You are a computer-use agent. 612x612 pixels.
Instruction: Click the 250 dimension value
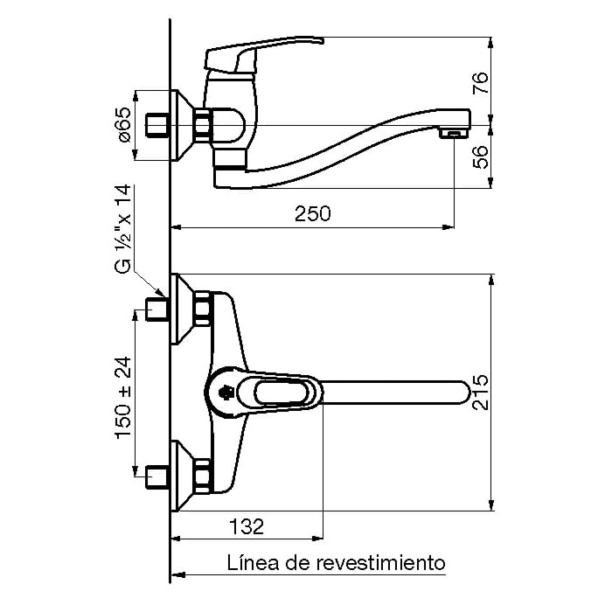coord(313,214)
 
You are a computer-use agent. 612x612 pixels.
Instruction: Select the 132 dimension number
coord(247,526)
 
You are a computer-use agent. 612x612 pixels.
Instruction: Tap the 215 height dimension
coord(480,393)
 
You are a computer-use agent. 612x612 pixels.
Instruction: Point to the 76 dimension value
coord(481,83)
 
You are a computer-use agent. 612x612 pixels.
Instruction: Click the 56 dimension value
coord(481,156)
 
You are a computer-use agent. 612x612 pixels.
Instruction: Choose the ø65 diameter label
coord(124,125)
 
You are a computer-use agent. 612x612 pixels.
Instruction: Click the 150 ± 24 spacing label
coord(123,397)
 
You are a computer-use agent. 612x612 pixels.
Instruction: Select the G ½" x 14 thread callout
coord(123,229)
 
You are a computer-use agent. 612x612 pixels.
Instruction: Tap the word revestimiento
coord(380,563)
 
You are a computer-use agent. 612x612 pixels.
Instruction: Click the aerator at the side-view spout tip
coord(453,135)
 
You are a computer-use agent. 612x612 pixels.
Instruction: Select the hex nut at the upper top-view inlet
coord(203,309)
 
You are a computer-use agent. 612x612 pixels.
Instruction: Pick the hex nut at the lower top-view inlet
coord(203,476)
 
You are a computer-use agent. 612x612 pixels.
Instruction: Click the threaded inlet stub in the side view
coord(156,125)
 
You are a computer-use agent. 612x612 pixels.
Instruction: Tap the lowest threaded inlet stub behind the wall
coord(156,477)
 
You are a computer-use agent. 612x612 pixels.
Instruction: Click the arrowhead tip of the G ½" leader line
coord(164,296)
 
